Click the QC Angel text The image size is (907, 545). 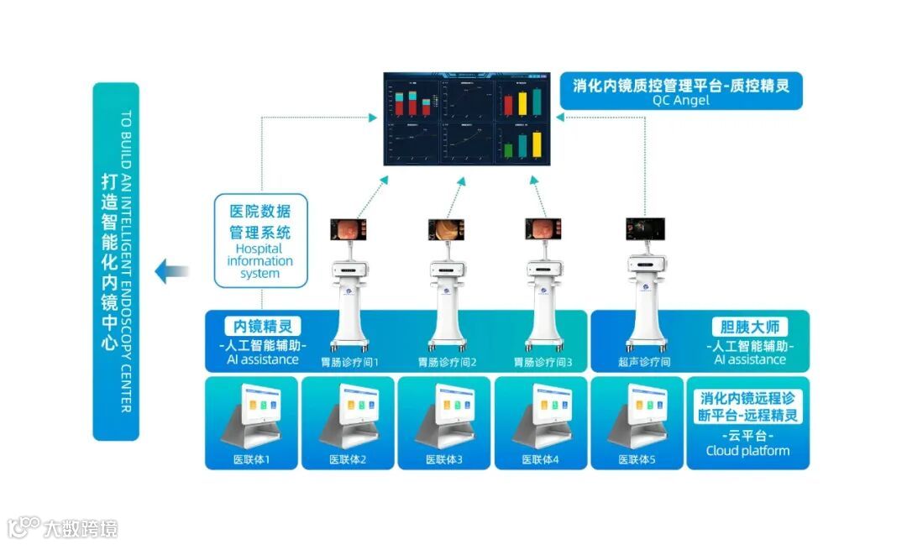coord(680,100)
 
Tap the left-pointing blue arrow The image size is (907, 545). coord(172,270)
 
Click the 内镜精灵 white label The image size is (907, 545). coord(263,326)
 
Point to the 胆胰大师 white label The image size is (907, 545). coord(750,327)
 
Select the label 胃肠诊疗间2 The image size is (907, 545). coord(448,363)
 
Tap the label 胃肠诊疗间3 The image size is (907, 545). coord(543,363)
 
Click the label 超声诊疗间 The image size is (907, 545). coord(644,363)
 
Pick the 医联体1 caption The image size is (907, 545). coord(252,460)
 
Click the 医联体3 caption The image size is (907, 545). coord(444,460)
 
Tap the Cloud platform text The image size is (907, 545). coord(747,451)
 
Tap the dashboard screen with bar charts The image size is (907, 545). coord(467,118)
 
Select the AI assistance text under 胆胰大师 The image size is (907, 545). coord(750,359)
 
